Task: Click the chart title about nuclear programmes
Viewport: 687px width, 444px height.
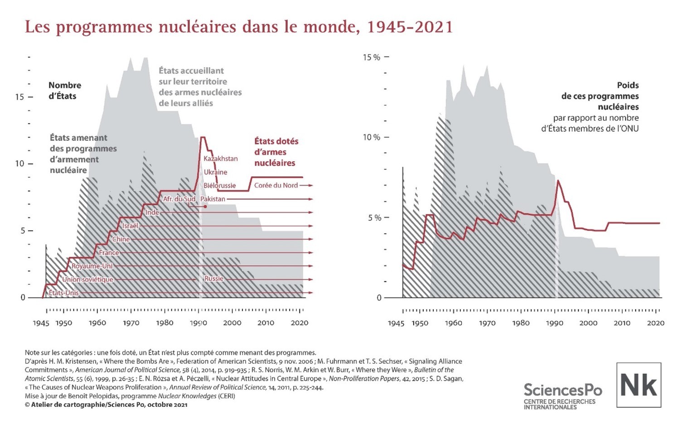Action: click(x=239, y=27)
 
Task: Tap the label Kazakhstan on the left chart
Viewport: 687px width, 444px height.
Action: click(x=220, y=159)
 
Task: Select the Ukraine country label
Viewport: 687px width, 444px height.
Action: click(x=215, y=172)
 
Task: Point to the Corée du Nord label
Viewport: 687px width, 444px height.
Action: click(x=276, y=185)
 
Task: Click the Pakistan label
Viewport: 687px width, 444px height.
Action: click(x=213, y=199)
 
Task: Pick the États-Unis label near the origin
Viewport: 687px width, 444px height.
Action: click(x=64, y=293)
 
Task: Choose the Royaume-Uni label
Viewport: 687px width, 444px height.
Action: click(x=92, y=266)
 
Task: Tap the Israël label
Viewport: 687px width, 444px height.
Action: click(x=130, y=226)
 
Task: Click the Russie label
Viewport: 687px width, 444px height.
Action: click(x=214, y=279)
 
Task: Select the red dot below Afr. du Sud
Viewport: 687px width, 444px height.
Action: click(x=205, y=207)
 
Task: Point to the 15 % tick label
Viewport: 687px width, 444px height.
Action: click(x=371, y=58)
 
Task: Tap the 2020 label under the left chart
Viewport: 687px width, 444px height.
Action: click(x=299, y=323)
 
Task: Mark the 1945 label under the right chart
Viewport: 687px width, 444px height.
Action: click(x=396, y=323)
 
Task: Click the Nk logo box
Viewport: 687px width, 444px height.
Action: click(x=639, y=385)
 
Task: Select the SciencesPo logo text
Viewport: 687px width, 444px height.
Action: click(x=563, y=390)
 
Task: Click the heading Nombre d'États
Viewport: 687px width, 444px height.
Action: click(x=64, y=91)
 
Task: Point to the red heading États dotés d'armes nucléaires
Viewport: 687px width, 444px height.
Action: click(x=276, y=152)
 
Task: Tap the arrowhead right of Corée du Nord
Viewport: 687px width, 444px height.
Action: click(x=311, y=185)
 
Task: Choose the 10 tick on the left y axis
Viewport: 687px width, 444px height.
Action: click(x=19, y=164)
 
